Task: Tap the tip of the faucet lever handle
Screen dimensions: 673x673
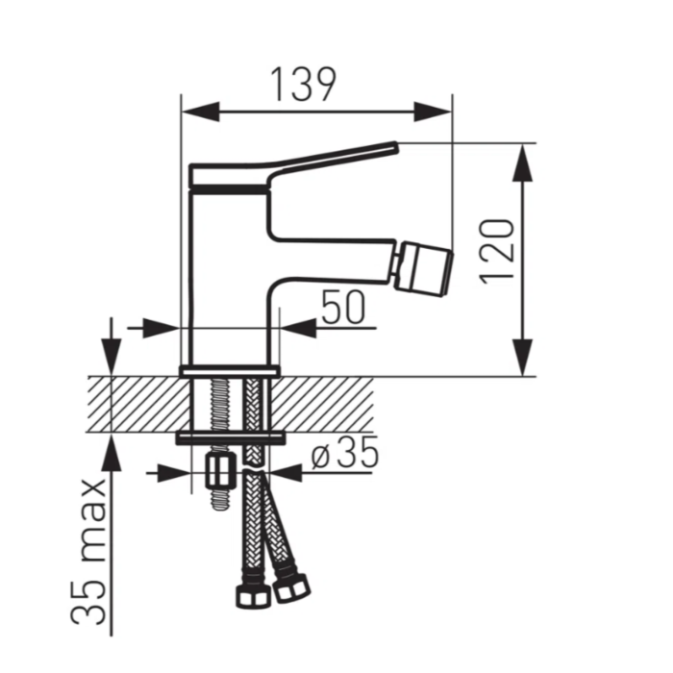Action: pos(391,147)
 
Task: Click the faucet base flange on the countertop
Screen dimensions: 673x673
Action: pos(230,370)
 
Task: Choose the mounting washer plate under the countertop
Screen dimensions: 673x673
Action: pos(230,438)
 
